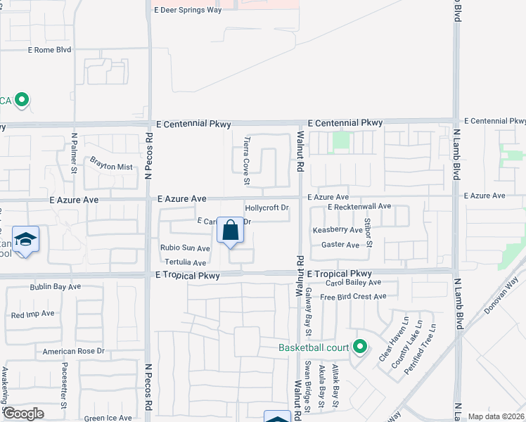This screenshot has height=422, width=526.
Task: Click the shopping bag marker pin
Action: point(230,231)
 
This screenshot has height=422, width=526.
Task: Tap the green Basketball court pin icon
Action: point(360,346)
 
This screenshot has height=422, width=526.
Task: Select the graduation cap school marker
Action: point(26,240)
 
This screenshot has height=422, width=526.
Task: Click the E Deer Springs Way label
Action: point(188,10)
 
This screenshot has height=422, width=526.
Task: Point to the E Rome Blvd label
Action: point(50,50)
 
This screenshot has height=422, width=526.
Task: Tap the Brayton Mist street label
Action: point(111,163)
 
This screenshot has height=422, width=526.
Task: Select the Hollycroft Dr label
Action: point(267,208)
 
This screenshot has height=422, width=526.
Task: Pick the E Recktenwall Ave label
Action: point(359,207)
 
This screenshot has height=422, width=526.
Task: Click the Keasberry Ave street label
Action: point(338,230)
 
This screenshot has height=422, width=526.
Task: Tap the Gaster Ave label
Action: point(340,245)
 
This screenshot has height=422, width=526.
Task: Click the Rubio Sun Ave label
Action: point(185,248)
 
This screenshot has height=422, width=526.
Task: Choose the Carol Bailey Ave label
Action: point(353,283)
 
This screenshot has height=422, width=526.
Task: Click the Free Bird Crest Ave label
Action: point(353,297)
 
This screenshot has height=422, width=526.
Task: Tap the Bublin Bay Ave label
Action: point(56,287)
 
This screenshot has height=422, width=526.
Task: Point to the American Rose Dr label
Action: point(73,351)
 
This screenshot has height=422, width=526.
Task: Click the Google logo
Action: point(23,414)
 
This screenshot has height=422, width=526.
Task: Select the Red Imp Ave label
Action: point(32,314)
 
